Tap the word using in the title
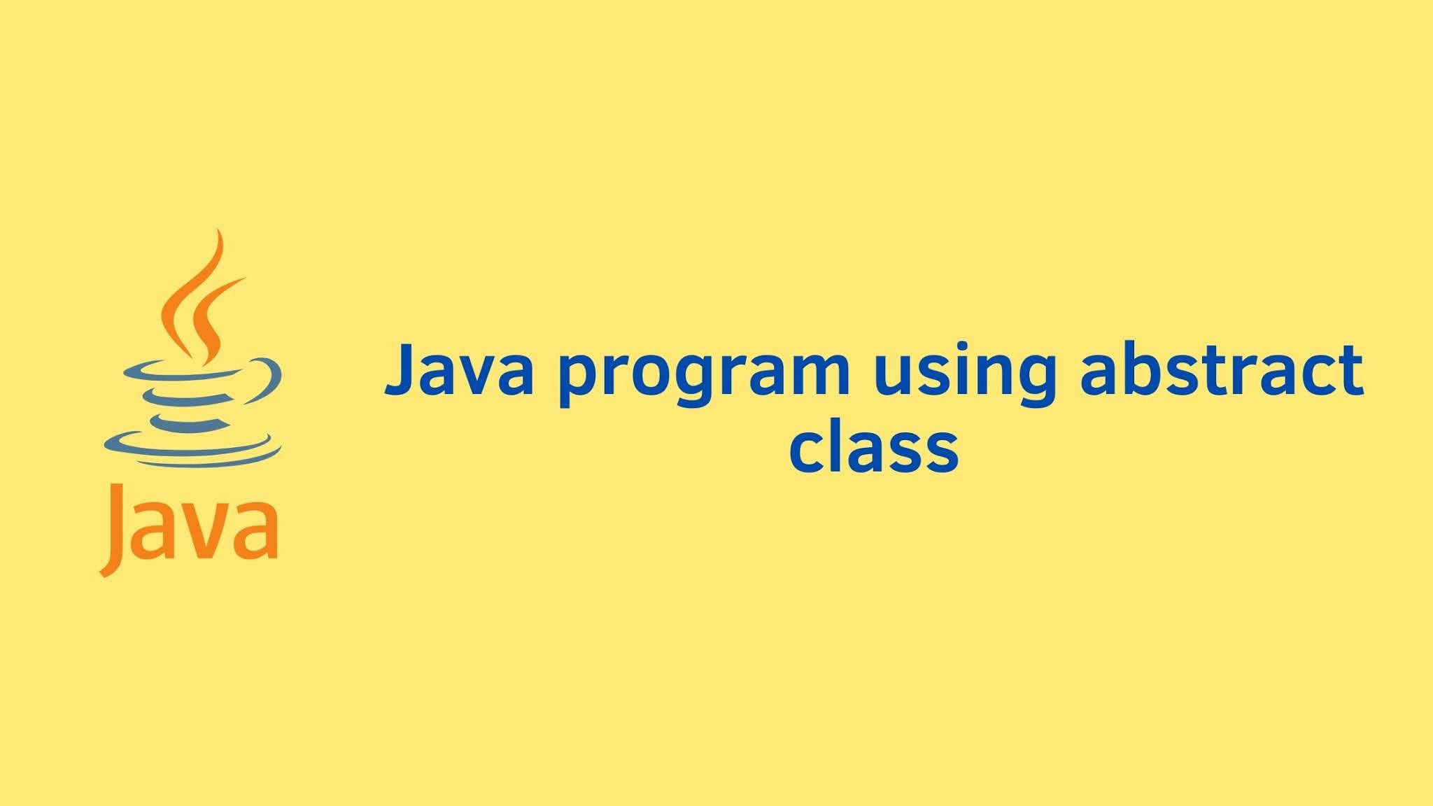coord(965,374)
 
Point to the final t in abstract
coord(1350,370)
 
